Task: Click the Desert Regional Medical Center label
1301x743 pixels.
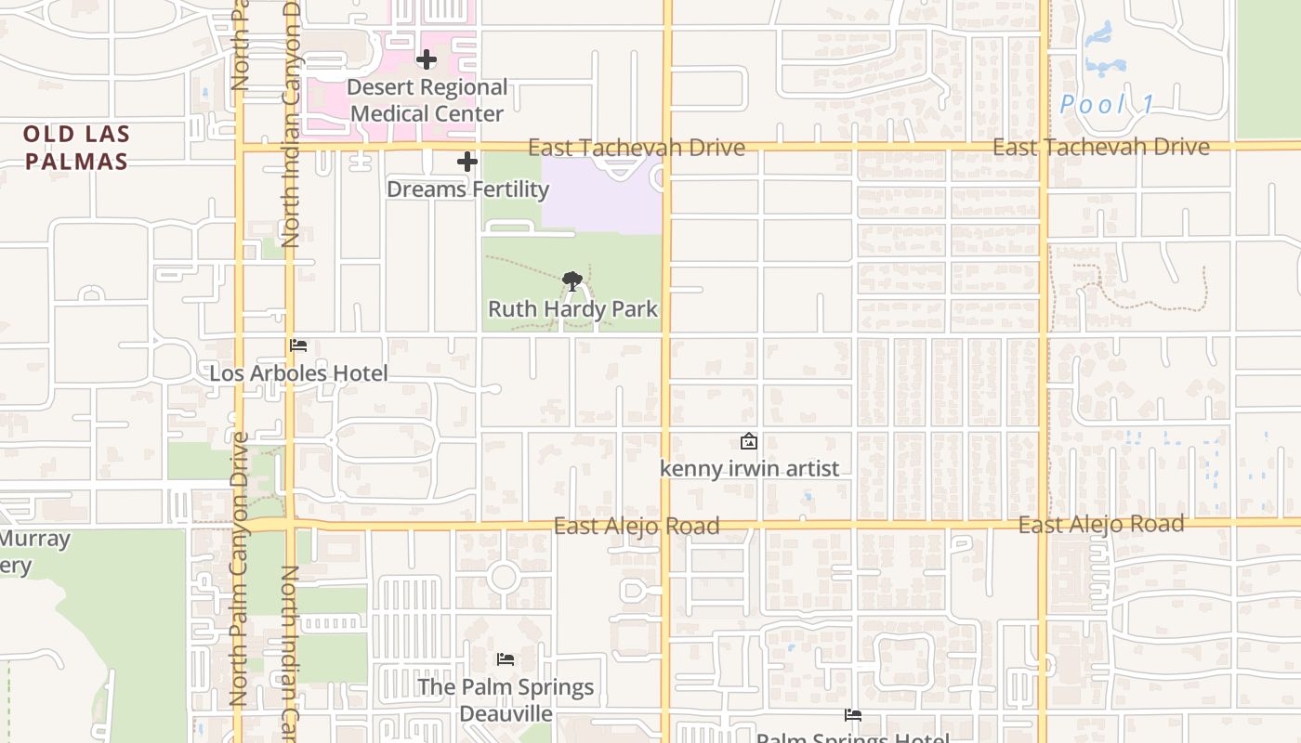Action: [x=428, y=100]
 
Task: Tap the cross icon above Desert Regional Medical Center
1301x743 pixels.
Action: [x=427, y=60]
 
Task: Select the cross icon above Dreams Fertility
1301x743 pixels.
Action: [x=467, y=163]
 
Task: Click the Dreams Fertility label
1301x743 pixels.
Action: [x=467, y=189]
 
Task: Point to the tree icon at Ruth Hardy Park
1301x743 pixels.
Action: [x=573, y=280]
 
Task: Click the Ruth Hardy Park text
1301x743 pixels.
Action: [x=573, y=309]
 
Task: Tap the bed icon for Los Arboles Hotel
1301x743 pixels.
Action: [x=298, y=345]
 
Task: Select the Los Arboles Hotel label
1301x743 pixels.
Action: [x=298, y=373]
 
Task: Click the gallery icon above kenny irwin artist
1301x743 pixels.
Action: [x=749, y=442]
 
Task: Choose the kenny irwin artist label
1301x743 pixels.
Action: [x=749, y=469]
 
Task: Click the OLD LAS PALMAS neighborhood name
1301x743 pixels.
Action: [x=76, y=148]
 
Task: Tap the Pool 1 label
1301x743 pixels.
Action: [x=1107, y=104]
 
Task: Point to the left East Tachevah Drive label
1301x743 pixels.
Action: [x=637, y=148]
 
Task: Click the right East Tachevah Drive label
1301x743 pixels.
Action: [x=1101, y=147]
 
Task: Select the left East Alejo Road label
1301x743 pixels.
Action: [x=637, y=527]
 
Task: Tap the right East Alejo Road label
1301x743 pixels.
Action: [x=1101, y=524]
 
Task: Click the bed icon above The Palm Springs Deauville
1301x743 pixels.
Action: [x=506, y=659]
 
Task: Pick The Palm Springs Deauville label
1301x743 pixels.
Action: [x=506, y=700]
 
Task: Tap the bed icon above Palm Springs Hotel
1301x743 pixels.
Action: [x=853, y=715]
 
